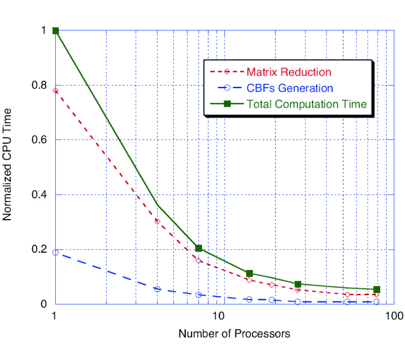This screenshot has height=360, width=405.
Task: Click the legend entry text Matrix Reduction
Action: [288, 72]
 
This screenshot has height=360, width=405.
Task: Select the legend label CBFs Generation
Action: [290, 88]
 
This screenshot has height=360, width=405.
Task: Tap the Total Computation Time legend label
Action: [306, 104]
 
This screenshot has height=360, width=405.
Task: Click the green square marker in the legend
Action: [227, 104]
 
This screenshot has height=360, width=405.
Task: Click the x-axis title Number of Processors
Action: [234, 334]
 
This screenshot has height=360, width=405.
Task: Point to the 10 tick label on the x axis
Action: [218, 315]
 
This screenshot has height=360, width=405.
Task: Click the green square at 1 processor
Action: [55, 31]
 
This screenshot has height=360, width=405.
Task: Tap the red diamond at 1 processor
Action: [55, 90]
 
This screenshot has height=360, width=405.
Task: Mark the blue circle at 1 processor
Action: [55, 252]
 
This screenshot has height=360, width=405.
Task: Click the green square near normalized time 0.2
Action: [198, 248]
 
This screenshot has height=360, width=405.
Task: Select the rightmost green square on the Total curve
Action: [377, 289]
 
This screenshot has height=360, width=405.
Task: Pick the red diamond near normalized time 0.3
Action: [157, 221]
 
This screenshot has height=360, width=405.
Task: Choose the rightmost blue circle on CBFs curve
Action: [377, 301]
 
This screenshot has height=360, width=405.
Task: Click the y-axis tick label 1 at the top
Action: [44, 31]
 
